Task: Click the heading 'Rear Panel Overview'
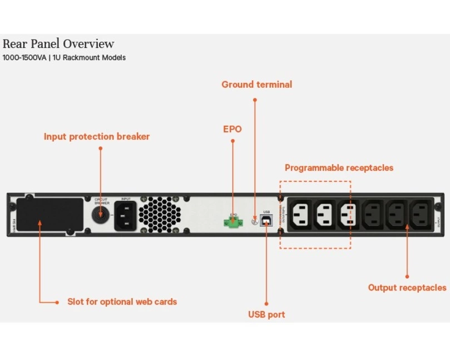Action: [x=58, y=44]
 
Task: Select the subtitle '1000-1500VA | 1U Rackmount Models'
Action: [x=64, y=58]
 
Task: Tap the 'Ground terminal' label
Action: [x=256, y=85]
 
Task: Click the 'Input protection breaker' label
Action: [x=97, y=136]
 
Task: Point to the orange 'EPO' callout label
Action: [x=232, y=129]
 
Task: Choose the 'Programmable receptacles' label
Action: [x=339, y=167]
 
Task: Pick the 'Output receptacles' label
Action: [x=407, y=288]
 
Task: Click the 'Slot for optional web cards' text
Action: [x=122, y=302]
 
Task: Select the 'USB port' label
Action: [x=266, y=314]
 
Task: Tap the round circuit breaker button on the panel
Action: [x=100, y=215]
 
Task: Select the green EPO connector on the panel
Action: [x=233, y=222]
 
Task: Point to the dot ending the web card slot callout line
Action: [x=57, y=302]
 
